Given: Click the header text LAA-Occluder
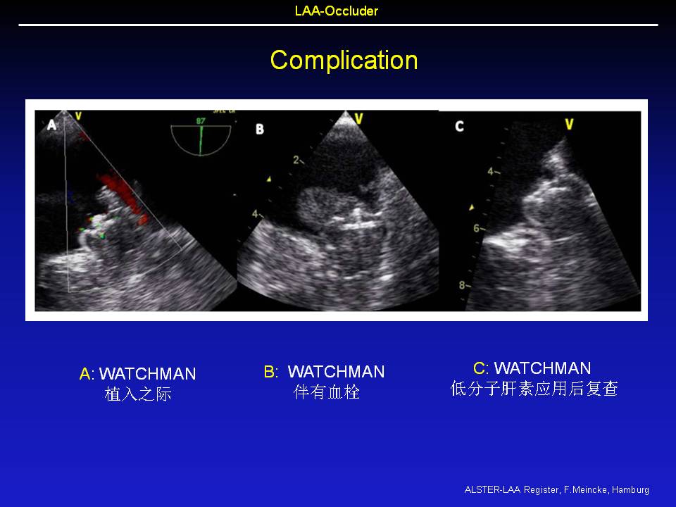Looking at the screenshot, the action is (337, 11).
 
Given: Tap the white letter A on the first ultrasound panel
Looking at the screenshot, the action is (51, 125).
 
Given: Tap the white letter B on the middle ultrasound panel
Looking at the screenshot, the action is (260, 129).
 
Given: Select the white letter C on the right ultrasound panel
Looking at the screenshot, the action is (460, 126).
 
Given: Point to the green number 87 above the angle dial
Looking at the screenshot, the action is (201, 121).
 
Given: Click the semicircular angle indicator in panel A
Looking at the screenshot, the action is (201, 140).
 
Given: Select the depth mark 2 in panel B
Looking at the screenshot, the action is (296, 161).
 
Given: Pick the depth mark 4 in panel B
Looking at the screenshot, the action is (255, 214).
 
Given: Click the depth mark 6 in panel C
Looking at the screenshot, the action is (477, 228).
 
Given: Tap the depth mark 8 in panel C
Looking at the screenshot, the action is (462, 285).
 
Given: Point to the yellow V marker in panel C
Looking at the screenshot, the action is (569, 125).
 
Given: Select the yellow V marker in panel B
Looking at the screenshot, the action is (358, 118).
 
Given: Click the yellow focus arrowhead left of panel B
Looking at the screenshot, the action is (269, 178).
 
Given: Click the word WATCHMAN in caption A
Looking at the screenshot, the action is (147, 374).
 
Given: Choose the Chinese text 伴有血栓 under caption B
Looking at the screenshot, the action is (326, 392).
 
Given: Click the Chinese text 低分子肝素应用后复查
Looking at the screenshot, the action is (534, 389).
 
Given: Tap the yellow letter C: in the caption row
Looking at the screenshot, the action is (481, 368).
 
